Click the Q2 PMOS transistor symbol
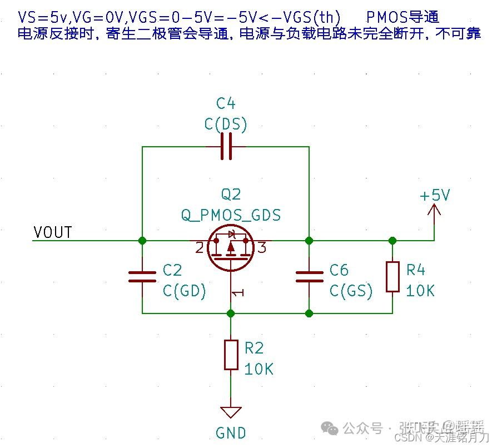[x=231, y=248]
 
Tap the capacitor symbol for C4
[x=226, y=147]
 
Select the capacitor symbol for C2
[x=142, y=277]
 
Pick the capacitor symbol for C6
[x=309, y=277]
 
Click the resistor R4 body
[x=392, y=276]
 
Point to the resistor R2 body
[x=231, y=355]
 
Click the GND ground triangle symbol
[x=231, y=412]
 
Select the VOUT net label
[x=53, y=232]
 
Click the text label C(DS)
[x=226, y=124]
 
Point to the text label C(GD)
[x=185, y=291]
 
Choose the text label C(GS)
[x=351, y=291]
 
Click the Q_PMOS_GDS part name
[x=231, y=215]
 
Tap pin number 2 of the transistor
[x=200, y=248]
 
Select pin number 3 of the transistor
[x=262, y=248]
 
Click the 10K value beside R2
[x=259, y=369]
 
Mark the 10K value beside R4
[x=420, y=291]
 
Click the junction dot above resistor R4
[x=392, y=241]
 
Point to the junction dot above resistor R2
[x=231, y=313]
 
